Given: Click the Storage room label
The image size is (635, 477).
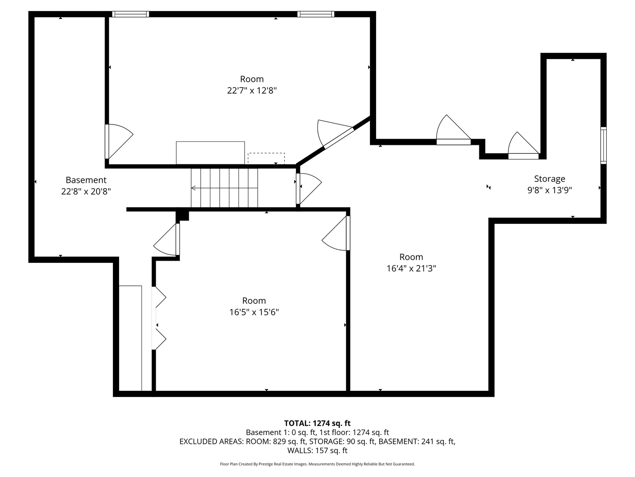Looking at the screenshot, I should click(x=549, y=179).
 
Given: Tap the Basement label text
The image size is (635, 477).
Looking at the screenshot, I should click(x=86, y=180).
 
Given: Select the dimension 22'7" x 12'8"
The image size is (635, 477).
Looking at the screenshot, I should click(x=252, y=91).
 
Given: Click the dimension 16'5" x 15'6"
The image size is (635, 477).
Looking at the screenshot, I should click(x=254, y=312).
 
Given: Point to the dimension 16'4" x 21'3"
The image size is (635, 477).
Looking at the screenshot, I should click(x=411, y=269).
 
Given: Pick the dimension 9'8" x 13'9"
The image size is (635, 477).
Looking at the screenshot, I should click(x=549, y=190).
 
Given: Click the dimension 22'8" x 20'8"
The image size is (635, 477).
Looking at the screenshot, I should click(x=86, y=192).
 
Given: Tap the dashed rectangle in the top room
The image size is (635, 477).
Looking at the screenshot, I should click(x=266, y=159).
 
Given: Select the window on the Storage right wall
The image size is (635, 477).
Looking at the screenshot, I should click(x=603, y=145).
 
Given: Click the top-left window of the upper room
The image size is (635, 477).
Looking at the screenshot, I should click(x=131, y=14).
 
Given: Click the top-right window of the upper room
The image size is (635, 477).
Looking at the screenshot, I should click(x=316, y=14).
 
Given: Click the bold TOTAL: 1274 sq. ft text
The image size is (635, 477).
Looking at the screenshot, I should click(x=317, y=423).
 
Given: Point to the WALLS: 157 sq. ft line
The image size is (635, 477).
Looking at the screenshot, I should click(x=317, y=450).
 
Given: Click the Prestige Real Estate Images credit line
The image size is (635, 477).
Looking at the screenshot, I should click(x=317, y=464).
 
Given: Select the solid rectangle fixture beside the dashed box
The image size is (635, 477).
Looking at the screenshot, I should click(x=210, y=153).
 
